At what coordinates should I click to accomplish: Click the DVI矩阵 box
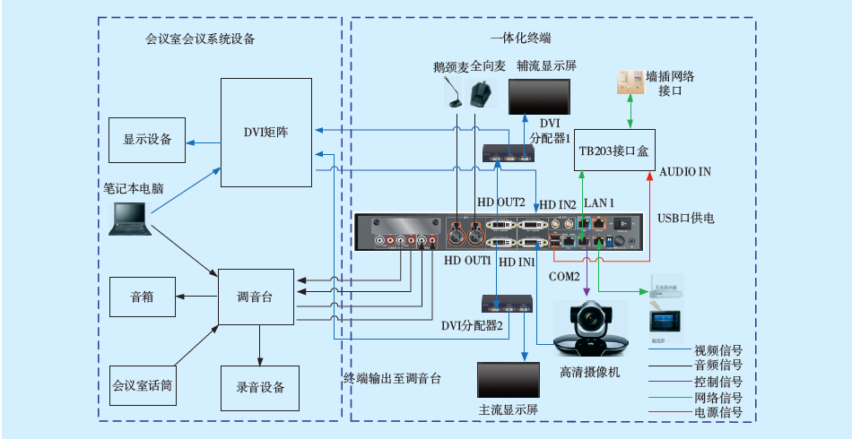(x=266, y=133)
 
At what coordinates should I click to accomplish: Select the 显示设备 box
(x=147, y=140)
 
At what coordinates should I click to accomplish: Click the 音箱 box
(x=142, y=297)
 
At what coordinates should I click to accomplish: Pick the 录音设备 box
(x=260, y=387)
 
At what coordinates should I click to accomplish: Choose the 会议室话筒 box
(x=142, y=387)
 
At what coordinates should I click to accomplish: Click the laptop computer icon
(x=129, y=219)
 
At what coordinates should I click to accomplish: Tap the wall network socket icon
(x=629, y=82)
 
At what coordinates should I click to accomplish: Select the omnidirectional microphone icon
(x=481, y=92)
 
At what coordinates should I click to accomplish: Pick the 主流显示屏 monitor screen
(x=508, y=380)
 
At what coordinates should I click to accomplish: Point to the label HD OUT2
(x=500, y=202)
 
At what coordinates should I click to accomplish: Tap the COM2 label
(x=564, y=276)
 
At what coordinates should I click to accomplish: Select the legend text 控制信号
(x=718, y=381)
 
